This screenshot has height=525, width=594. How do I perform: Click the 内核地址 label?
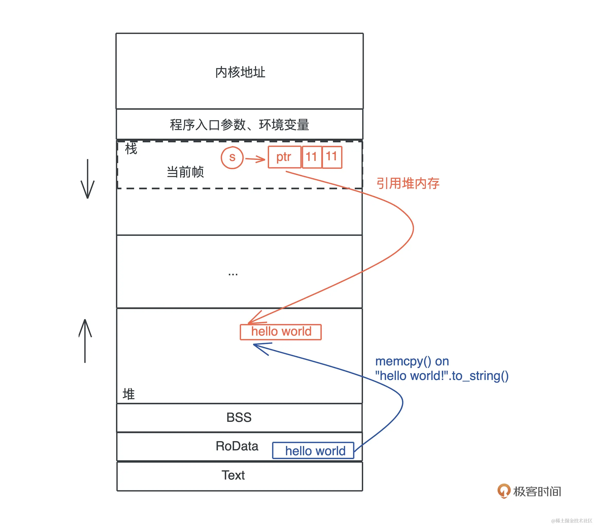[x=240, y=72]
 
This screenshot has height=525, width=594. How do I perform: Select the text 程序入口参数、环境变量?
[x=239, y=125]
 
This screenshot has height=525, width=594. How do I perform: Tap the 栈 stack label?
[x=131, y=149]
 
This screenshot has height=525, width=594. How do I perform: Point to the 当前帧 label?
[x=185, y=172]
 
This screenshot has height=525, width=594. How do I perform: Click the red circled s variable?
[x=232, y=158]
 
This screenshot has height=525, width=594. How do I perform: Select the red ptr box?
[x=284, y=157]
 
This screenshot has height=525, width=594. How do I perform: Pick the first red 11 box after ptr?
[x=312, y=157]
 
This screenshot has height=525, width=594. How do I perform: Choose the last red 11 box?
[x=332, y=157]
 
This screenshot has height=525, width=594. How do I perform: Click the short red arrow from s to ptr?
[x=255, y=159]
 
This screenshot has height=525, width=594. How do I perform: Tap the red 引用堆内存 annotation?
[x=408, y=183]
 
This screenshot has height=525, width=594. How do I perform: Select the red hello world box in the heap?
[x=281, y=332]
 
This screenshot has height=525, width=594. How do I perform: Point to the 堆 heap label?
[x=129, y=394]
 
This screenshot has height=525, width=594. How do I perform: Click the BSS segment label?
[x=239, y=417]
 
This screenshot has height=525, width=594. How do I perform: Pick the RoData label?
[x=237, y=446]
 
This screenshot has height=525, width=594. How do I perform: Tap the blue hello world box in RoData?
[x=313, y=450]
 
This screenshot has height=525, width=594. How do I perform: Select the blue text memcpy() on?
[x=412, y=361]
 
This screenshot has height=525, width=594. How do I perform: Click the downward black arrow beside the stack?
[x=87, y=179]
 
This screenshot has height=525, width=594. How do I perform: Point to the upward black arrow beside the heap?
[x=85, y=341]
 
